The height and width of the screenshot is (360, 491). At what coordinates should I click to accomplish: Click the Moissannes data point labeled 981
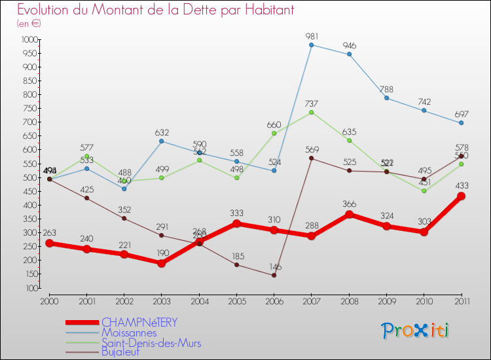click(x=311, y=45)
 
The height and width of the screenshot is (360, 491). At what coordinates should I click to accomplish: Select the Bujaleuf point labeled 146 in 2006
click(x=274, y=275)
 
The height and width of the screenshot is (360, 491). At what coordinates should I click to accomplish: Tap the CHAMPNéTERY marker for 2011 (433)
click(x=461, y=196)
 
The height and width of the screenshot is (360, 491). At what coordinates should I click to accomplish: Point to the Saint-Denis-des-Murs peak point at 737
click(x=311, y=112)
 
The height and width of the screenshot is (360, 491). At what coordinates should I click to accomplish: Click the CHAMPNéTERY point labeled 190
click(x=161, y=263)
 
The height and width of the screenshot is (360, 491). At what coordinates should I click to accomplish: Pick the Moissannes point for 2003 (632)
click(x=161, y=141)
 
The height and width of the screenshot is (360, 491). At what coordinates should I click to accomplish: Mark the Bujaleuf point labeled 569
click(x=311, y=158)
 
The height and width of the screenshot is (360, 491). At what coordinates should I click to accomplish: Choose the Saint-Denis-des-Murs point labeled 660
click(x=274, y=133)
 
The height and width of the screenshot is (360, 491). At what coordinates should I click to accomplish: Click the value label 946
click(x=349, y=46)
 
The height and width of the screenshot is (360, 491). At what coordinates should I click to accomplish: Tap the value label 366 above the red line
click(x=349, y=204)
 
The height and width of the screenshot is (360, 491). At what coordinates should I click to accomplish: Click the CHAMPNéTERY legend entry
click(x=139, y=323)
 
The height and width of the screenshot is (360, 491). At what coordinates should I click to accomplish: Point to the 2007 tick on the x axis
click(x=311, y=300)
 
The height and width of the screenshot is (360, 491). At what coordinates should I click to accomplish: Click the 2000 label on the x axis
click(x=48, y=300)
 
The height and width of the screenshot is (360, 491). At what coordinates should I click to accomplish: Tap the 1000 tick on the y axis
click(x=29, y=39)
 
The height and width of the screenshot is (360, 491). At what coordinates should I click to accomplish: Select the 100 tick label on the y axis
click(x=31, y=288)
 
